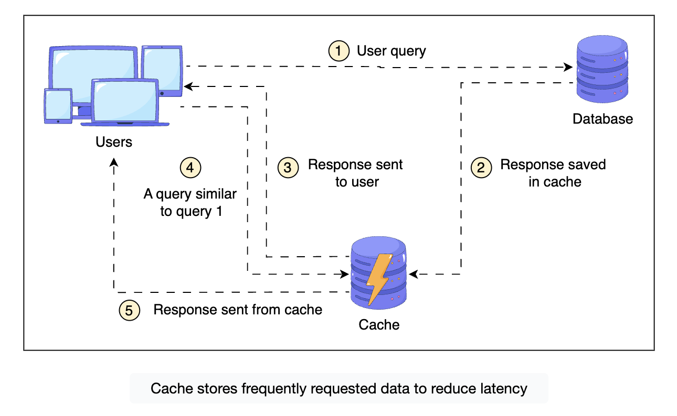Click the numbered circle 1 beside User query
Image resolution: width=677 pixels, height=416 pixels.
tap(338, 51)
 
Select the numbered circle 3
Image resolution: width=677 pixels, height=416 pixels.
tap(288, 167)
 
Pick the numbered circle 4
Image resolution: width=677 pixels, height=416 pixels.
tap(191, 167)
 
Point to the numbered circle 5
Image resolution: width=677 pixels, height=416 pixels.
tap(130, 310)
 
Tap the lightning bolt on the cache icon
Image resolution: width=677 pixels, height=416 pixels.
tap(379, 278)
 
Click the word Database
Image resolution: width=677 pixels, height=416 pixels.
tap(602, 119)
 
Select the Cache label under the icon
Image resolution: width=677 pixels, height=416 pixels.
tap(379, 325)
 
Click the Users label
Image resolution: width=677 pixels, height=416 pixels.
tap(114, 142)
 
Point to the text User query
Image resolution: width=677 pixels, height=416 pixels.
tap(392, 51)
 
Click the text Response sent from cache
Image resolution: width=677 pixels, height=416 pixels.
tap(238, 310)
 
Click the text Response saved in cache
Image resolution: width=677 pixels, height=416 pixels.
tap(553, 173)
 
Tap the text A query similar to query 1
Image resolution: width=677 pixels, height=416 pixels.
tap(191, 202)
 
